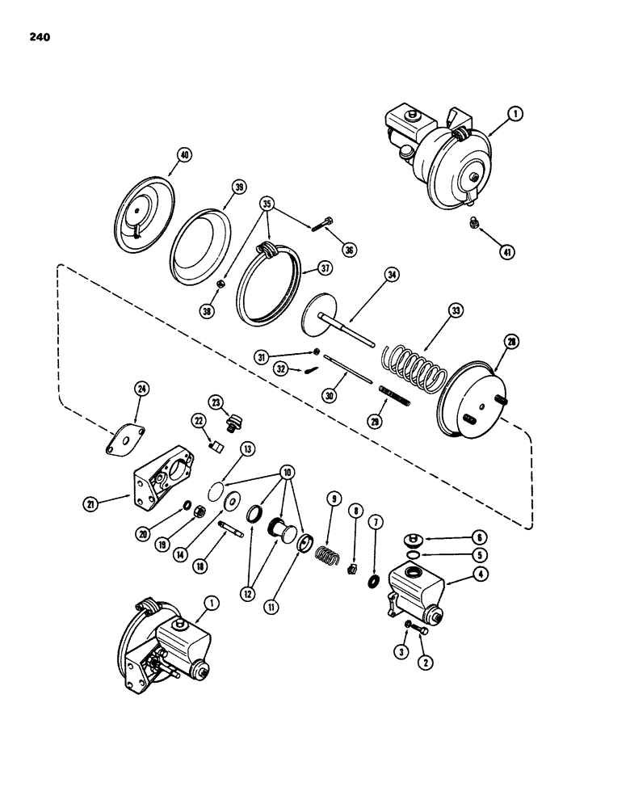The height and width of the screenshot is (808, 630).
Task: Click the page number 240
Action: pos(38,36)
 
